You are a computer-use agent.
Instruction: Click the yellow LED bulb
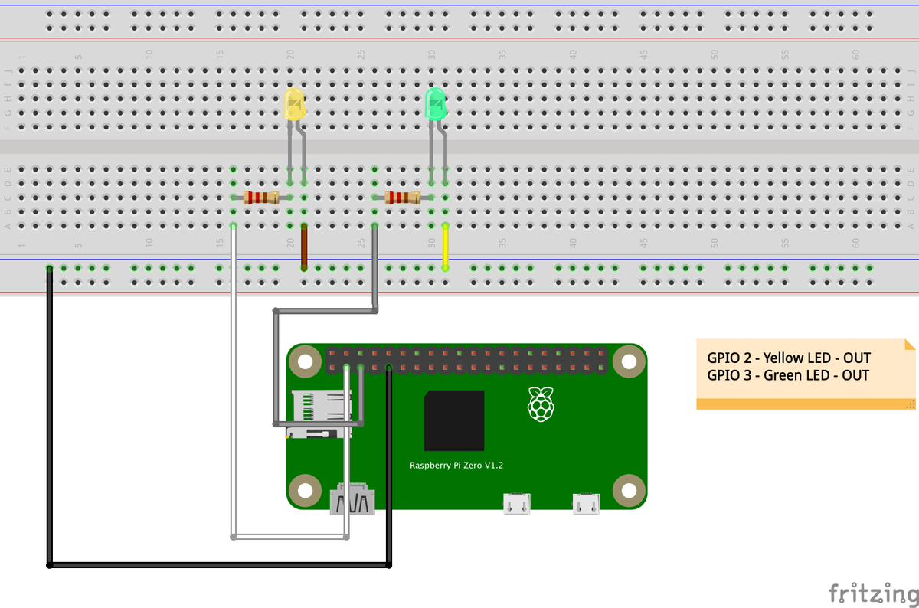click(x=294, y=103)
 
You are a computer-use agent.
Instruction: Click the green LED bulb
click(x=435, y=103)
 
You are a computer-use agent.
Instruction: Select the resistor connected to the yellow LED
click(x=260, y=198)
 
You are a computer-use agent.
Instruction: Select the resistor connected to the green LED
click(x=402, y=198)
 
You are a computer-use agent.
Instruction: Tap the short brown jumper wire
click(x=304, y=247)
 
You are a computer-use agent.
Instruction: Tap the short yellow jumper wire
click(x=445, y=247)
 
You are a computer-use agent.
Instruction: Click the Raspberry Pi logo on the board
click(x=541, y=404)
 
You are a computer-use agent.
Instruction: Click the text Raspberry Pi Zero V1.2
click(x=456, y=466)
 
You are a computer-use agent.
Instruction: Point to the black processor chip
click(x=454, y=420)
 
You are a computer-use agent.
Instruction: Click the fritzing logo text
click(x=873, y=593)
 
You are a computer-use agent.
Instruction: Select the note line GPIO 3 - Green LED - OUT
click(x=788, y=375)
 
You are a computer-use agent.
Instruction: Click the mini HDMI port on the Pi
click(x=352, y=502)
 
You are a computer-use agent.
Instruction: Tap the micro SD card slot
click(x=314, y=414)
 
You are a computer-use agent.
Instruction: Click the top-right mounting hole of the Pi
click(x=629, y=361)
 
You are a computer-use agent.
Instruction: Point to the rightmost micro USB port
click(x=586, y=503)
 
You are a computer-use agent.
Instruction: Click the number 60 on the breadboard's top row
click(x=855, y=54)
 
